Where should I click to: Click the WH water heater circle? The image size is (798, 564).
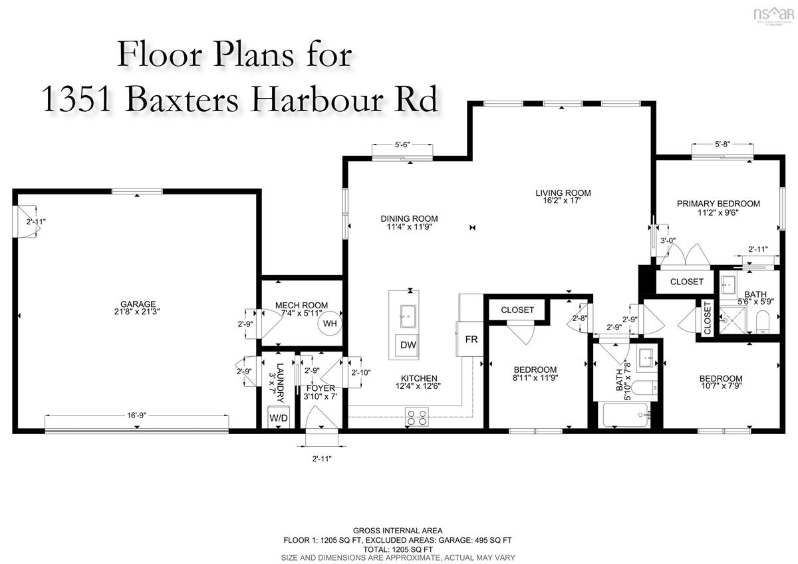point(330,324)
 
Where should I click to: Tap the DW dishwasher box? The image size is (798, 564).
point(408,345)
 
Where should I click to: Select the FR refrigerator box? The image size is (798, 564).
point(470,339)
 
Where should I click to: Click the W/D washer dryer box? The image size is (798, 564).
point(278,418)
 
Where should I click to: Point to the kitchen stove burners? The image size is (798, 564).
point(417,418)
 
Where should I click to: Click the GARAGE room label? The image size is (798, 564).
point(138,304)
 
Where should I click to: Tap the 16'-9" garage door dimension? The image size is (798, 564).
point(137,416)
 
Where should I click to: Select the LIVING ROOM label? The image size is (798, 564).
point(563,193)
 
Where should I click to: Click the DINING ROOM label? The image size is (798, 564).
point(409,218)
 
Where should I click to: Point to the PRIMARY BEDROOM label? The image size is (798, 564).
point(718,204)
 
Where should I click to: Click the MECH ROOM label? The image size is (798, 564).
point(301,306)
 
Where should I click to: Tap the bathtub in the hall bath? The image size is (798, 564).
point(627,415)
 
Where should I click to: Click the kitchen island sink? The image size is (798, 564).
point(408,316)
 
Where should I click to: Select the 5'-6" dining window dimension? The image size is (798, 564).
point(402,145)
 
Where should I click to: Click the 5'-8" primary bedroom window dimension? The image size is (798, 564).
point(722,144)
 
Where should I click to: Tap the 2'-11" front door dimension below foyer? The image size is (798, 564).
point(322,459)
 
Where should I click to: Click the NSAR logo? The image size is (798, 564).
point(774,16)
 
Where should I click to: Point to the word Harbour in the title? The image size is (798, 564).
point(317,99)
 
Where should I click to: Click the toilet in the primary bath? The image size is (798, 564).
point(763,321)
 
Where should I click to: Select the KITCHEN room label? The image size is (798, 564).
point(419,378)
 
